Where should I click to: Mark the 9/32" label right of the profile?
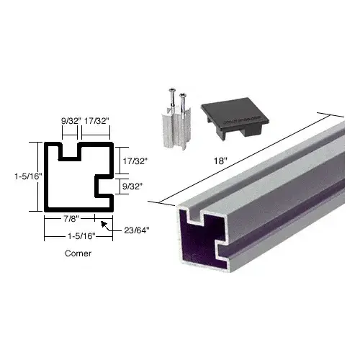click(x=130, y=185)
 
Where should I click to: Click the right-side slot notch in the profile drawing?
click(x=106, y=184)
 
